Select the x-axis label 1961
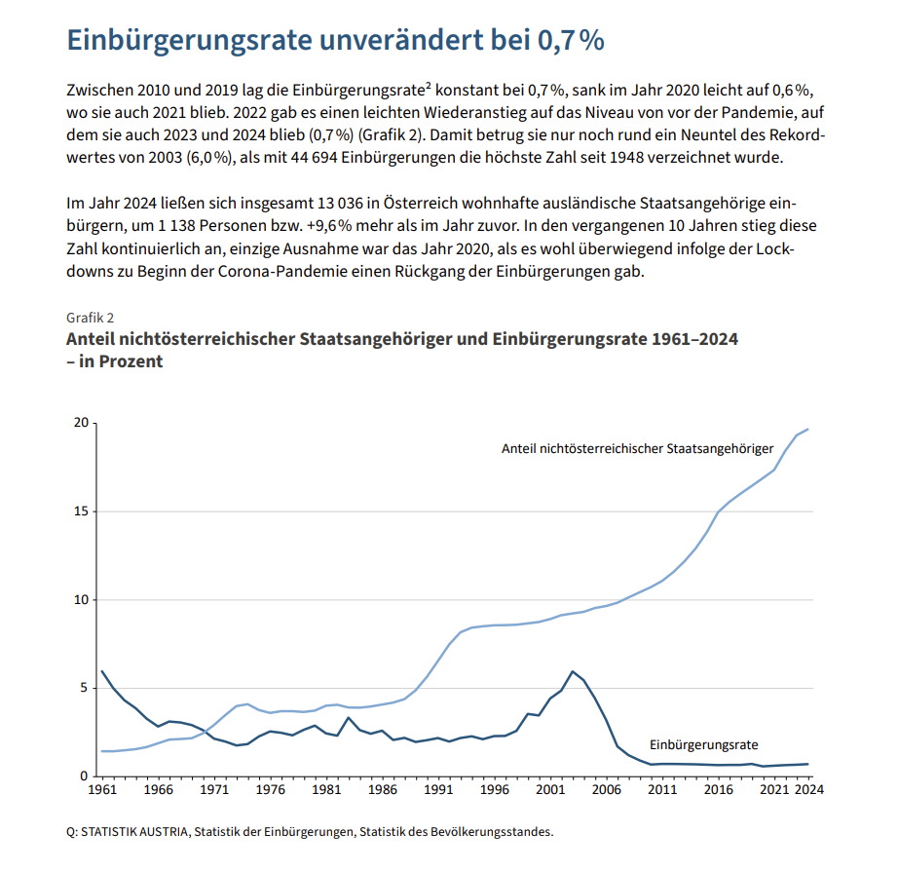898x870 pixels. (x=101, y=790)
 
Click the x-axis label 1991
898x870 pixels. (x=439, y=790)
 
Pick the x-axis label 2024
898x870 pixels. (x=808, y=790)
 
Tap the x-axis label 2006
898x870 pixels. (x=608, y=790)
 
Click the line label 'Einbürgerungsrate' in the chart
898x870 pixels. (x=703, y=743)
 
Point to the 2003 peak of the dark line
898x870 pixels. (x=573, y=671)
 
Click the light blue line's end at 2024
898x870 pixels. (x=808, y=430)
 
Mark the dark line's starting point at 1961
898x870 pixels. (x=101, y=670)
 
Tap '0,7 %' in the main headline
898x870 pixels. (x=570, y=40)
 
